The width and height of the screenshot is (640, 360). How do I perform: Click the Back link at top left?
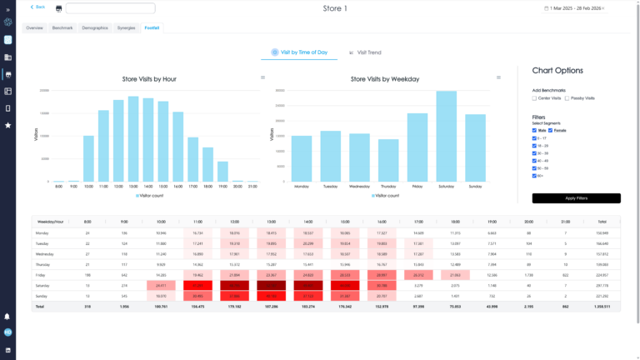[x=38, y=7]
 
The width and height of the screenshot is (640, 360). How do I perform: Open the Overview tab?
[x=34, y=27]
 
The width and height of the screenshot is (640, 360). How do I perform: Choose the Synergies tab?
[x=127, y=27]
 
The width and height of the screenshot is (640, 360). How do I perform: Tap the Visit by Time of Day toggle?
[x=300, y=52]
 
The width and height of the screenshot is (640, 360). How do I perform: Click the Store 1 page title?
[x=335, y=8]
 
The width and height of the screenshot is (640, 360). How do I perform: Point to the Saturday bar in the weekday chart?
[x=447, y=137]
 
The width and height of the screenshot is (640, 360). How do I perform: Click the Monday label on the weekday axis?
[x=302, y=187]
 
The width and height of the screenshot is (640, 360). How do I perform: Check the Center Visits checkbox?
[x=535, y=98]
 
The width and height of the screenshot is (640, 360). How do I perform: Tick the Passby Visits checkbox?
[x=567, y=98]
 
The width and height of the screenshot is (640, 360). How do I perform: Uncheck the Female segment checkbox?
[x=551, y=130]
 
